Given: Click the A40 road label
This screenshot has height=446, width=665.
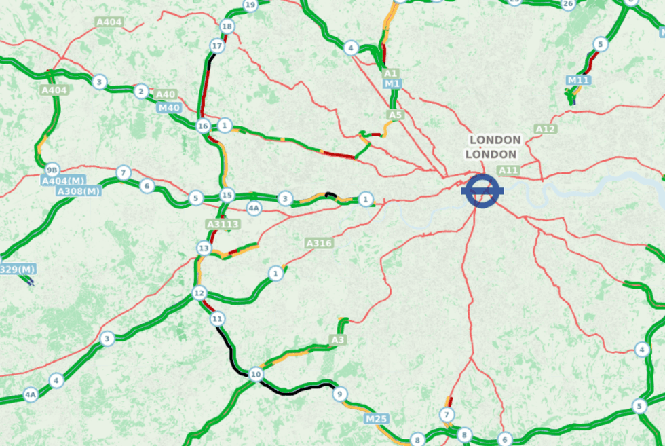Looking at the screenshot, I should pos(165,94).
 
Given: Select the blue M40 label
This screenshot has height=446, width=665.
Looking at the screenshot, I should pos(169,107).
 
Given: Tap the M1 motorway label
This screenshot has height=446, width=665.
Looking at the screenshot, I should pos(392,83).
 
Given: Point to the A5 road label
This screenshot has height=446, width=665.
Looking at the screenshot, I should pos(395,115).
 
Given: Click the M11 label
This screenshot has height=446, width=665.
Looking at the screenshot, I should pos(578,80).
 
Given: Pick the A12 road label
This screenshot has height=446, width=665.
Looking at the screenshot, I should pos(545,129).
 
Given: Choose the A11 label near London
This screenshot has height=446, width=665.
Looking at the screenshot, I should pos(508,170).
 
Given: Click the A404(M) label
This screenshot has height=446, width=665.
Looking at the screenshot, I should pos(63,181).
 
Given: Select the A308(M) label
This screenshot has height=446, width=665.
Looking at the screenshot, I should pos(79,191).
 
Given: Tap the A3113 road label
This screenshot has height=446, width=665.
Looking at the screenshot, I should pos(222,223).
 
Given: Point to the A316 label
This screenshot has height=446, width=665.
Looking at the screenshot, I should pos(318,243).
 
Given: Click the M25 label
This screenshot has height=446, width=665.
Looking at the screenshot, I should pos(376,419).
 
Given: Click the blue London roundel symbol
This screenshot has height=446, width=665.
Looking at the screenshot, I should pos(482,191).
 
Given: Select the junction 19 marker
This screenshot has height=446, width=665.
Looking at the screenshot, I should pos(250,5).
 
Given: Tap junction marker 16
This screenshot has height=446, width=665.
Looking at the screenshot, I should pos(203,126).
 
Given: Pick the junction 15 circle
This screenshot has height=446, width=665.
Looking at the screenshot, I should pos(227,195).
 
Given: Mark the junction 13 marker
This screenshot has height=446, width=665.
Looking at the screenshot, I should pos(204,248).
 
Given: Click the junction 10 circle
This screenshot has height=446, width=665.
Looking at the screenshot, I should pos(255,374).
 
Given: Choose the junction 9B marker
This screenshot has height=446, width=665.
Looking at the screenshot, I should pos(52,169).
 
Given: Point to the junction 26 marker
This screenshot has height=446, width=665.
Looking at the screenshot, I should pos(568,4).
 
